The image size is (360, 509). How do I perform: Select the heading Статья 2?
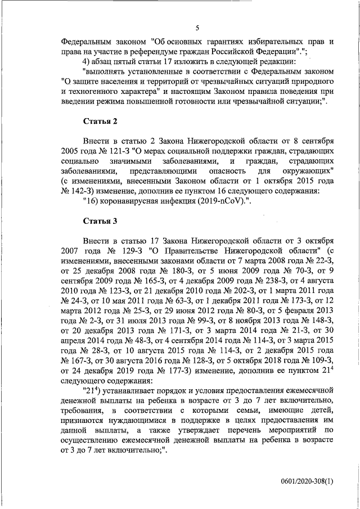pyautogui.click(x=100, y=120)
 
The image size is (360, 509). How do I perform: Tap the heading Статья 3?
pyautogui.click(x=100, y=221)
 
